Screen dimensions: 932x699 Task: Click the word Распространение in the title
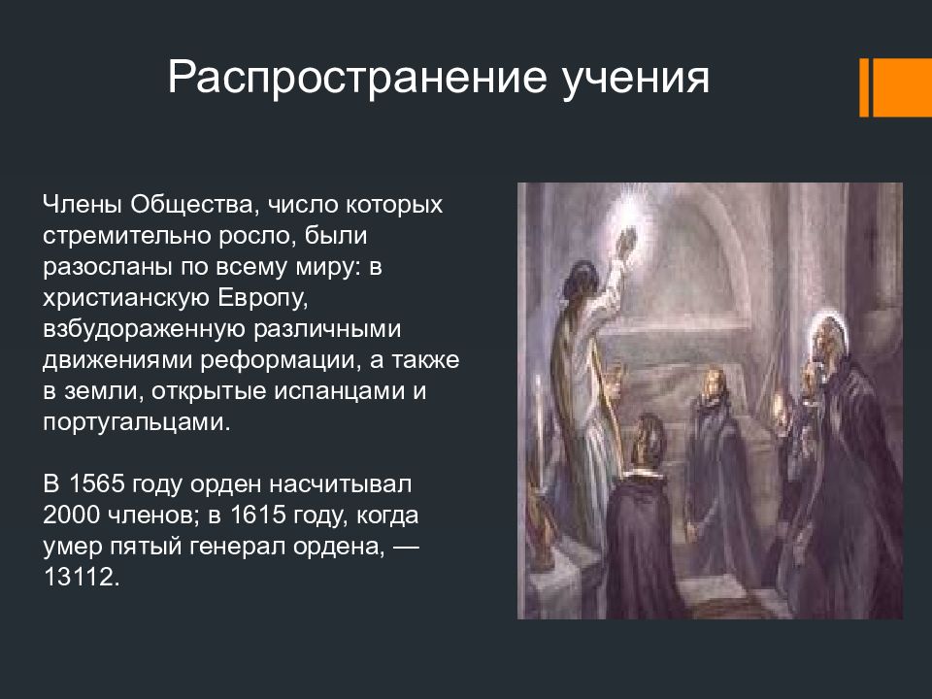[356, 78]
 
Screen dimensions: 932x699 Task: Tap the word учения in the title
[635, 78]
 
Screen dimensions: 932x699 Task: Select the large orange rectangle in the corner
[902, 87]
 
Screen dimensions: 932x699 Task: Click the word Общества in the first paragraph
[195, 205]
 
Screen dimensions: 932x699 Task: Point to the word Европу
[262, 298]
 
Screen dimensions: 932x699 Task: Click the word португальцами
[136, 422]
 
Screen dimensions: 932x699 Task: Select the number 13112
[81, 577]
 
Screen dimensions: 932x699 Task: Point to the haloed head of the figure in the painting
[827, 340]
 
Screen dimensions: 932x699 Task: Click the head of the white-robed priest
[582, 280]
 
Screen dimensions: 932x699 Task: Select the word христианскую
[126, 298]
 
